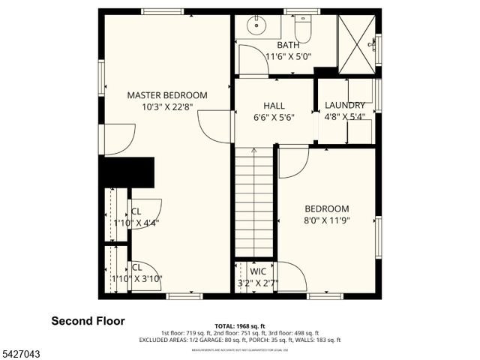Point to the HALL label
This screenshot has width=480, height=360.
274,106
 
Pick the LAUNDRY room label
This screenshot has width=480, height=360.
343,106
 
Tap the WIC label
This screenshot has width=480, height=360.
258,271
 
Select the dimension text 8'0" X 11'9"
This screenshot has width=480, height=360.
326,220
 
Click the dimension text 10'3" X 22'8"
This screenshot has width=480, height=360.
167,107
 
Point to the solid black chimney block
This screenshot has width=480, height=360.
128,172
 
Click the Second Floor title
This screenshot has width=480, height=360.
88,321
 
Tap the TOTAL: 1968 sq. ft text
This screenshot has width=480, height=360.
239,325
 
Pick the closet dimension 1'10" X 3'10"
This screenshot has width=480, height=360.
136,278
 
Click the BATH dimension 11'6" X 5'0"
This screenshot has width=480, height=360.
289,56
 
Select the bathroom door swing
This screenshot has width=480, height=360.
252,60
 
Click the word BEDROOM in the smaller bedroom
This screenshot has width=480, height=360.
326,208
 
